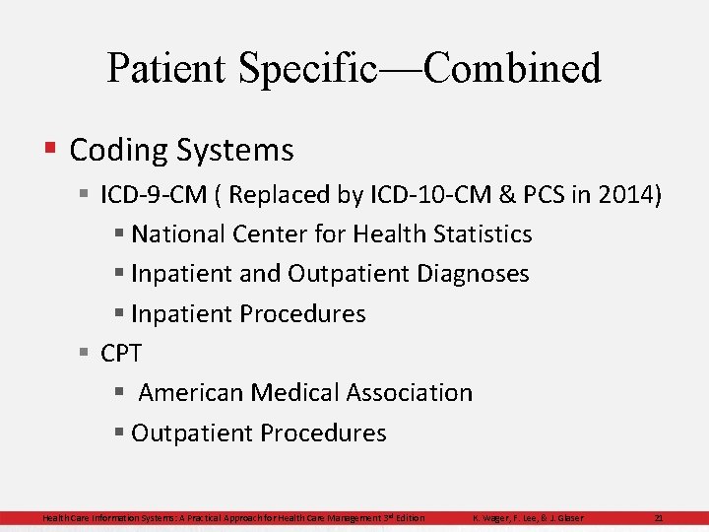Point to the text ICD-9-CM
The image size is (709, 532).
click(153, 194)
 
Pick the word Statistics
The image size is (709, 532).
click(478, 234)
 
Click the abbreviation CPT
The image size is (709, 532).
click(121, 353)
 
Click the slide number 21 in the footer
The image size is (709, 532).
click(659, 518)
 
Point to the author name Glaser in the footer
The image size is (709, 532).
click(569, 518)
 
